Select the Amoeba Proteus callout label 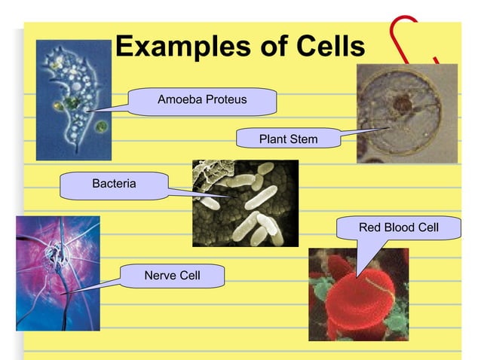tap(201, 100)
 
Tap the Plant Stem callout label tap(288, 139)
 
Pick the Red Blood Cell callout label tap(398, 227)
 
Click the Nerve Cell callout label tap(172, 276)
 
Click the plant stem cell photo tap(406, 113)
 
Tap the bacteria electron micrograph tap(244, 203)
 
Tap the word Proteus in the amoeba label tap(225, 100)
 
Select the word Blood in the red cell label tap(398, 227)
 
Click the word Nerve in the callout tap(158, 276)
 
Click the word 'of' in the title tap(265, 47)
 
